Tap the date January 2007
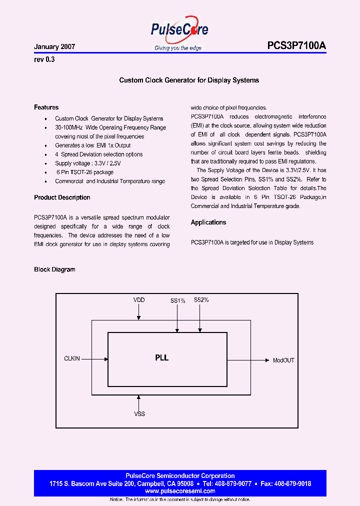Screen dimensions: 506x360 (54, 46)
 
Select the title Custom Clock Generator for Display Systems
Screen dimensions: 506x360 (189, 80)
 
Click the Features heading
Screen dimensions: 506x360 (46, 107)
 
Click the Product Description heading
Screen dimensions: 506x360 (62, 197)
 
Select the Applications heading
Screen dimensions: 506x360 (208, 222)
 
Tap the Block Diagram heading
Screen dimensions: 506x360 (54, 269)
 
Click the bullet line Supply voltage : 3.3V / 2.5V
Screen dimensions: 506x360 (88, 163)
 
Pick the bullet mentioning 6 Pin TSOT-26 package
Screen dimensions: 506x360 (85, 172)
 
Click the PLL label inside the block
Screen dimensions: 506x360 (161, 358)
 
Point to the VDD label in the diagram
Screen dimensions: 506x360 (139, 300)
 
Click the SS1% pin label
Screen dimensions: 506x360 (177, 300)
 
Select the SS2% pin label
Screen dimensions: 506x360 (201, 300)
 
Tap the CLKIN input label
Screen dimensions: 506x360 (72, 358)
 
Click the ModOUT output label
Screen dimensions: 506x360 (283, 360)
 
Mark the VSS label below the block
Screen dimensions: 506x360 (139, 414)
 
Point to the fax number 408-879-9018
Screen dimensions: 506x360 (289, 484)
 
